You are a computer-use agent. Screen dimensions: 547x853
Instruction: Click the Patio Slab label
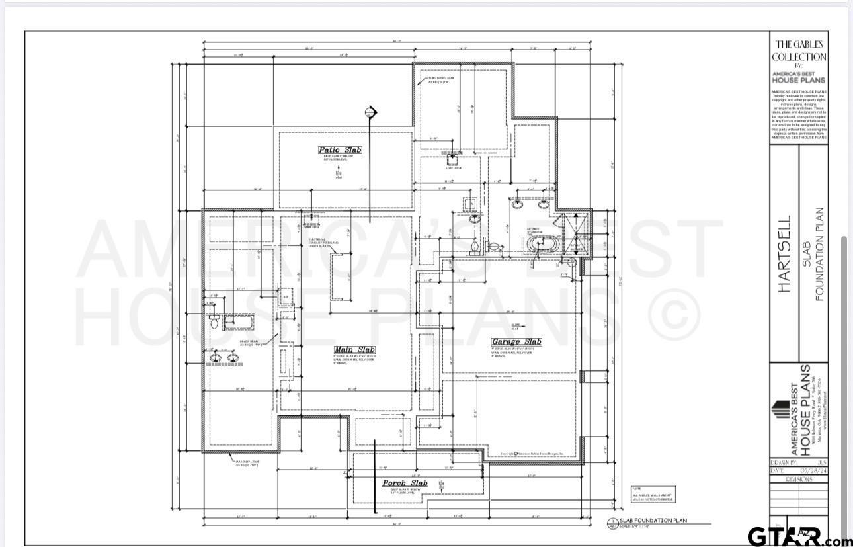[x=340, y=150]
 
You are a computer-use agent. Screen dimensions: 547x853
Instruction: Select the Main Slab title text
[x=354, y=349]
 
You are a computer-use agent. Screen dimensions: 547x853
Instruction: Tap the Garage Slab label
[x=516, y=342]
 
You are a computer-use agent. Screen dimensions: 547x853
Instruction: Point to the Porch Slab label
[x=405, y=483]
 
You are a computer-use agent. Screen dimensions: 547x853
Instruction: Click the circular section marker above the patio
[x=370, y=112]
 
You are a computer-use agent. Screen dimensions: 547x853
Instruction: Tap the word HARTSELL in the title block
[x=784, y=255]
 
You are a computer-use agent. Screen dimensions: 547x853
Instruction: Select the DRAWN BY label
[x=785, y=463]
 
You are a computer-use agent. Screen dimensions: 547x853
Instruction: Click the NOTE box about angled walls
[x=653, y=493]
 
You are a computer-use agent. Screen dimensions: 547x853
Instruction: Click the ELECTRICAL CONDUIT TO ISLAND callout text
[x=323, y=242]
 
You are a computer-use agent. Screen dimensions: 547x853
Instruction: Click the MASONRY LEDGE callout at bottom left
[x=246, y=463]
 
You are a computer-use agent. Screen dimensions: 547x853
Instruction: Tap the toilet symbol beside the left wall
[x=214, y=322]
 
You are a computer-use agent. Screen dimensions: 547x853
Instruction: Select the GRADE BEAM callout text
[x=249, y=343]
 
